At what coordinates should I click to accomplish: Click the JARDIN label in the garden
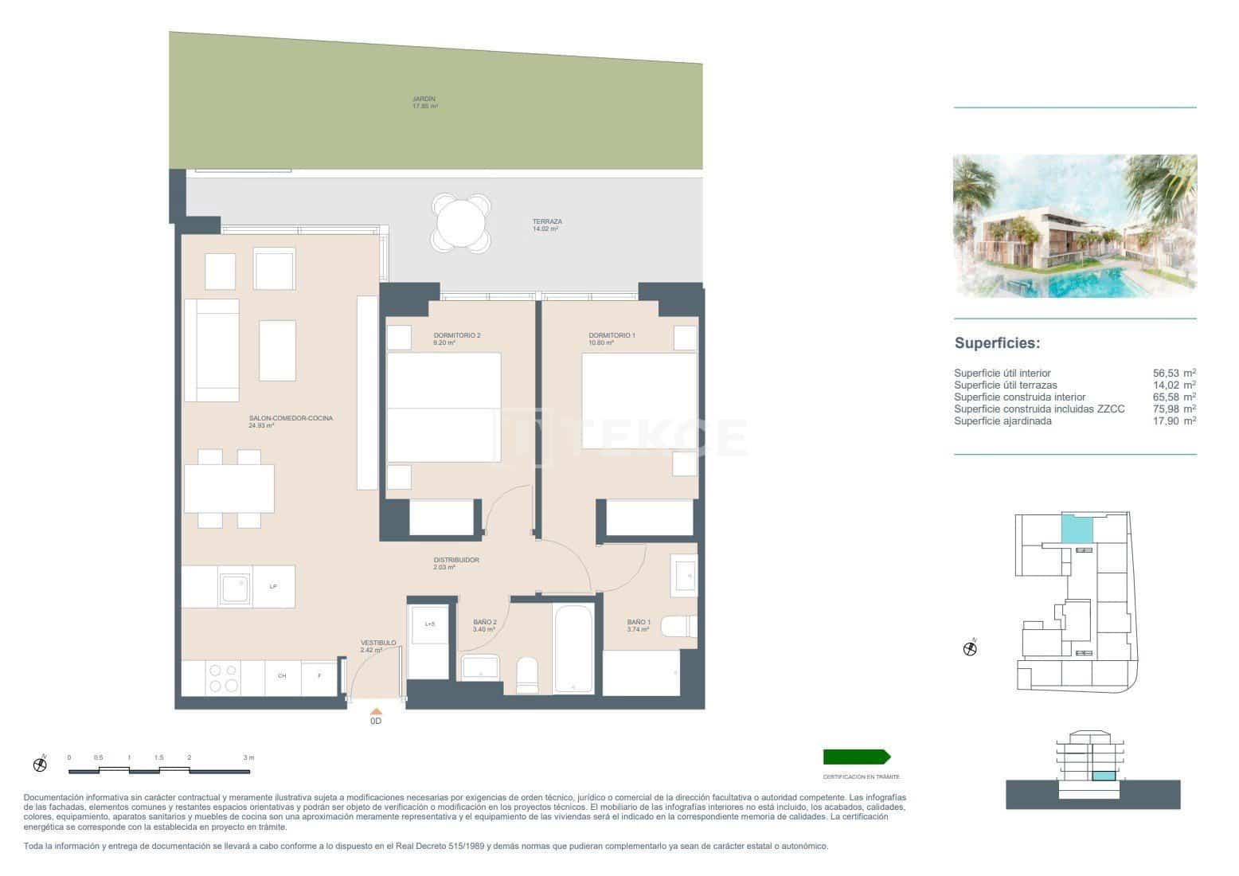coord(424,102)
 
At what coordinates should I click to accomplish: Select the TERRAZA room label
coord(547,225)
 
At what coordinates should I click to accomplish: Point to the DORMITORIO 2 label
coord(456,338)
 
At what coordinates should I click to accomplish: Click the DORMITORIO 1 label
coord(612,338)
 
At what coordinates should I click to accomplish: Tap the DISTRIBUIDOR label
coord(455,563)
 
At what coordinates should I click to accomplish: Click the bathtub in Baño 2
coord(573,648)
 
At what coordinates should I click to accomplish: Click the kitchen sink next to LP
coord(235,588)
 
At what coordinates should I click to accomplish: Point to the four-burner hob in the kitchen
coord(223,678)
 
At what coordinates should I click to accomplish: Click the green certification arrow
coord(857,757)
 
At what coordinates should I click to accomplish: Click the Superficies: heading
coord(997,343)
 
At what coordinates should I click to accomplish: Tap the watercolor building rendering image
coord(1075,225)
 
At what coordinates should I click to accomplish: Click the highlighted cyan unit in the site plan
coord(1077,528)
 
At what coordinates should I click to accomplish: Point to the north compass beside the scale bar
coord(40,765)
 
